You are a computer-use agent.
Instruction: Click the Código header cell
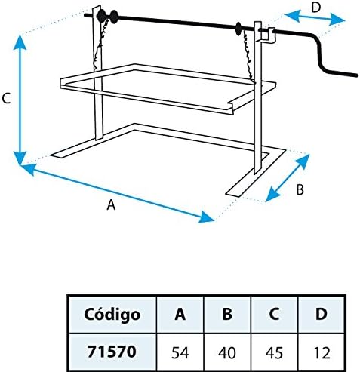[112, 315]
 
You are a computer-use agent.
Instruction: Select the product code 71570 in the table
[112, 352]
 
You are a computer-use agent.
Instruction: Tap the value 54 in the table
[180, 352]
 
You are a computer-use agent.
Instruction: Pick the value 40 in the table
[227, 352]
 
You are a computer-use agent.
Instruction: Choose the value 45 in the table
[274, 352]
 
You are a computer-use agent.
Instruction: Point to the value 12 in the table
[322, 352]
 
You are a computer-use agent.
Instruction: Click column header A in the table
[180, 314]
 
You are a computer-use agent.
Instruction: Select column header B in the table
[227, 314]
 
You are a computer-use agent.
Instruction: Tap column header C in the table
[274, 314]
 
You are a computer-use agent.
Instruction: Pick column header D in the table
[322, 314]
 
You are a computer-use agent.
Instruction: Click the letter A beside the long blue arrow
[111, 204]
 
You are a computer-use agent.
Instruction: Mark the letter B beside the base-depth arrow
[300, 189]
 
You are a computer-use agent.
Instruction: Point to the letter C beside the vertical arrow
[6, 98]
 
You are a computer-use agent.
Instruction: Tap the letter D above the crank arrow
[316, 8]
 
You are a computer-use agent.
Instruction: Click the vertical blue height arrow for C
[20, 100]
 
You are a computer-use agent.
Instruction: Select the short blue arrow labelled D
[315, 17]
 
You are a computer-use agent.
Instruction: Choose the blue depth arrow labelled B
[288, 178]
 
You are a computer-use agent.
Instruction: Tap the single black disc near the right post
[238, 29]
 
